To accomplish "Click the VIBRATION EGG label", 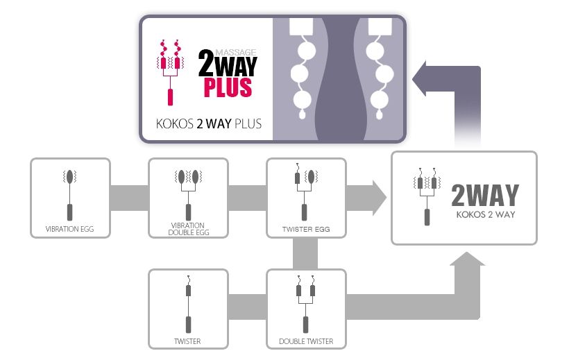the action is click(69, 229).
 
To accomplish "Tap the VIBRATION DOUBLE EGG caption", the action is click(188, 229).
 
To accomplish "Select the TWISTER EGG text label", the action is click(306, 229).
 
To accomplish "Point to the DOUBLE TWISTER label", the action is click(306, 341).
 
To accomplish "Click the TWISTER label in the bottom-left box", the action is click(187, 341).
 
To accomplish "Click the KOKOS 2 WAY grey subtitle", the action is click(486, 214).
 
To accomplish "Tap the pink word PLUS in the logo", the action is click(228, 87).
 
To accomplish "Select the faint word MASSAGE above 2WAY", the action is click(236, 52).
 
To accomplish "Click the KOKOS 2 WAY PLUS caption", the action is click(209, 123).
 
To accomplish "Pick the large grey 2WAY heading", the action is click(485, 195).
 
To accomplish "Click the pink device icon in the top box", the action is click(170, 72).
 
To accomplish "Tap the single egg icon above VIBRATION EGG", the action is click(69, 195).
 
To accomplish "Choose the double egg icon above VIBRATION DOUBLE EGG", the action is click(188, 195).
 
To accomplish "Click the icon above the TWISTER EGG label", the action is click(306, 191).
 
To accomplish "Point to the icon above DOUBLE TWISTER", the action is click(305, 304).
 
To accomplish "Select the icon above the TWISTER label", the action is click(188, 304).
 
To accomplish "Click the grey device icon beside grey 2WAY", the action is click(427, 197).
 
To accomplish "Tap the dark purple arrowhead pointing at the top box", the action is click(419, 79).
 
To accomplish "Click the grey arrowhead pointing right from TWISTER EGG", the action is click(380, 198).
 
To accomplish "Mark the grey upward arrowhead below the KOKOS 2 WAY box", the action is click(468, 259).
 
